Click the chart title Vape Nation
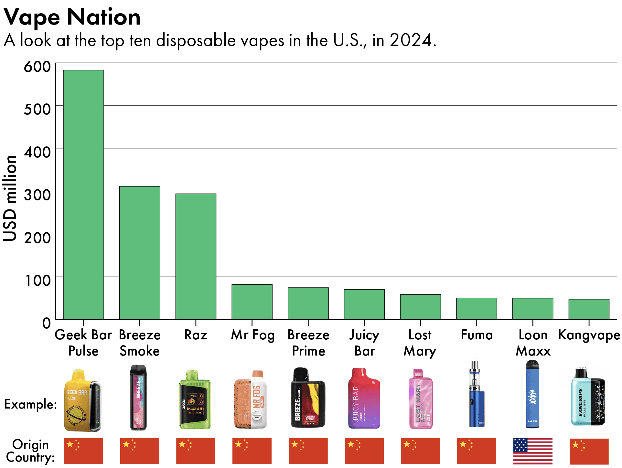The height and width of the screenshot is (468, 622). (72, 17)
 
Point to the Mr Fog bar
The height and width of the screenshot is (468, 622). (252, 302)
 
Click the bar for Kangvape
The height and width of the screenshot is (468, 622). (589, 309)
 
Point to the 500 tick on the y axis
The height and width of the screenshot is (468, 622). (37, 109)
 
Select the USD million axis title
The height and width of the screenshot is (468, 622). (10, 198)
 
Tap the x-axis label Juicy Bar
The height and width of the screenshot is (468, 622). (364, 343)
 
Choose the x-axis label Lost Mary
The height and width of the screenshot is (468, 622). (420, 343)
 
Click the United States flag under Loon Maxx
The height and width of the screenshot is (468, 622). (532, 451)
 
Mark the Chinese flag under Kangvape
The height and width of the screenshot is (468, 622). (589, 451)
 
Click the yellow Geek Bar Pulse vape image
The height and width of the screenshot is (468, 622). (82, 401)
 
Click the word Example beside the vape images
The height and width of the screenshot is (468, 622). (30, 404)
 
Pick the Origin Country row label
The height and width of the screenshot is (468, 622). (30, 451)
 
